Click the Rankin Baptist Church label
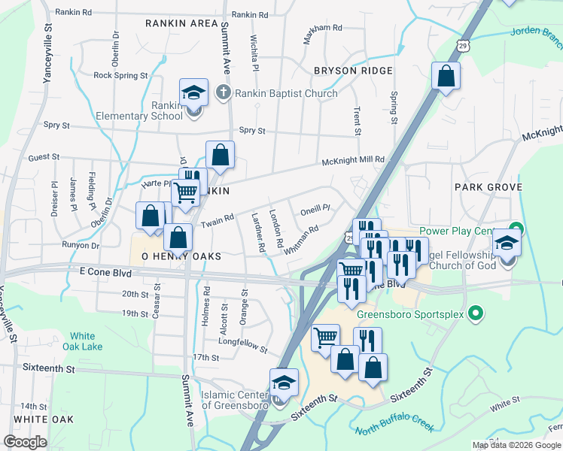click(x=286, y=93)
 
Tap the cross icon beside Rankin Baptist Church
click(x=222, y=93)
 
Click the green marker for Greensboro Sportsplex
click(x=475, y=312)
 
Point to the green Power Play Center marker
click(x=516, y=228)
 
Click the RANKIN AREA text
click(x=181, y=23)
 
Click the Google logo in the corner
click(x=25, y=442)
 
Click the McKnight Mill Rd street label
click(x=353, y=159)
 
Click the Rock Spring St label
click(x=120, y=75)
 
